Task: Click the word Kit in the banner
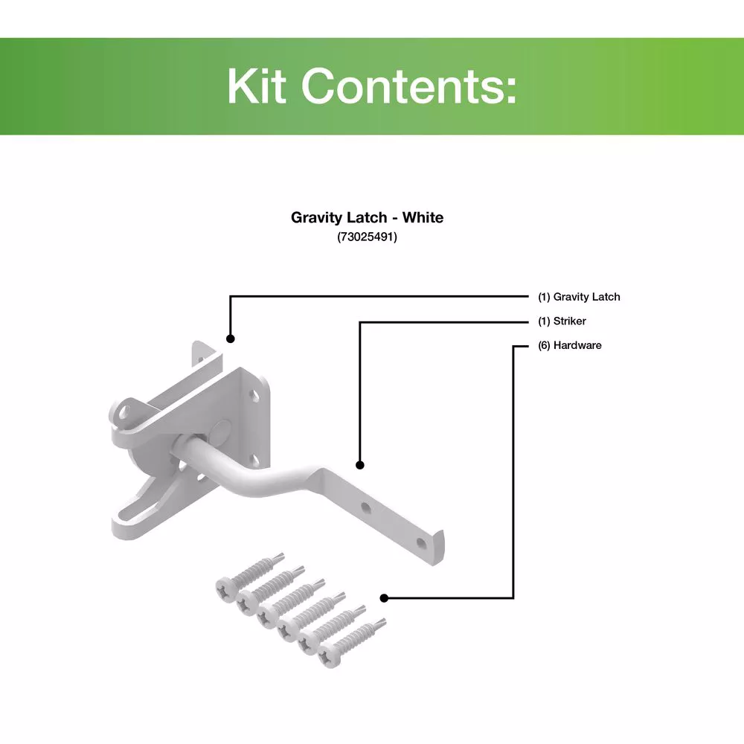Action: (257, 86)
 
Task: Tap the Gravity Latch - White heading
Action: (367, 217)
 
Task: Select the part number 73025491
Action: (367, 237)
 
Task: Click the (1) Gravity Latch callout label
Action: (579, 297)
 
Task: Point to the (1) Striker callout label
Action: (562, 321)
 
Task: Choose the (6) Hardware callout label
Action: (569, 345)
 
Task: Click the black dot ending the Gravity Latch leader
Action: (230, 339)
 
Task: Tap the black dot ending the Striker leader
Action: (360, 465)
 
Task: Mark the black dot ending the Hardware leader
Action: (385, 598)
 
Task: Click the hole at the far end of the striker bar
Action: (421, 542)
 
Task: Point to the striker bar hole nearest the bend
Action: (366, 509)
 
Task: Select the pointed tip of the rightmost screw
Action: (385, 620)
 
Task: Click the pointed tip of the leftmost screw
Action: (283, 554)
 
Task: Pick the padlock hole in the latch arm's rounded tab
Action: (124, 411)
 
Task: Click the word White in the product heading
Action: (423, 217)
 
